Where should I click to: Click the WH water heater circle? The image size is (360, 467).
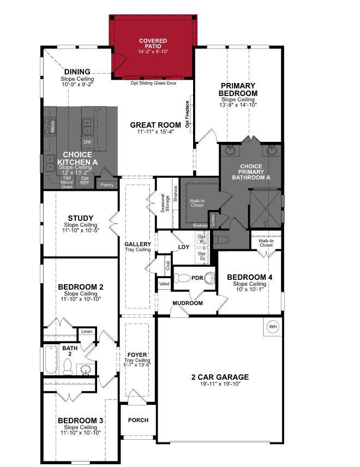272,326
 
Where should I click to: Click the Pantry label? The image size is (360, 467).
106,185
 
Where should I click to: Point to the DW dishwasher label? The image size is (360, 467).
87,142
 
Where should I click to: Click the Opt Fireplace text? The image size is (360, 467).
187,115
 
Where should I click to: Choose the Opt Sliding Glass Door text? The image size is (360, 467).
153,83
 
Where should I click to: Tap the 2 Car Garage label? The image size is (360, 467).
220,377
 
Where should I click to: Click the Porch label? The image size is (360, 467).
138,421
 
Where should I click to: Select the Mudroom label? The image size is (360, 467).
188,303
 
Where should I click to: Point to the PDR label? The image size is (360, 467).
197,278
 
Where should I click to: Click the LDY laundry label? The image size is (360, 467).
184,247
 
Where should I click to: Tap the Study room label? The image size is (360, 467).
80,218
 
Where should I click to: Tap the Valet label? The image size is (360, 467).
164,284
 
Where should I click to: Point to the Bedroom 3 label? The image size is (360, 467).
80,421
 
